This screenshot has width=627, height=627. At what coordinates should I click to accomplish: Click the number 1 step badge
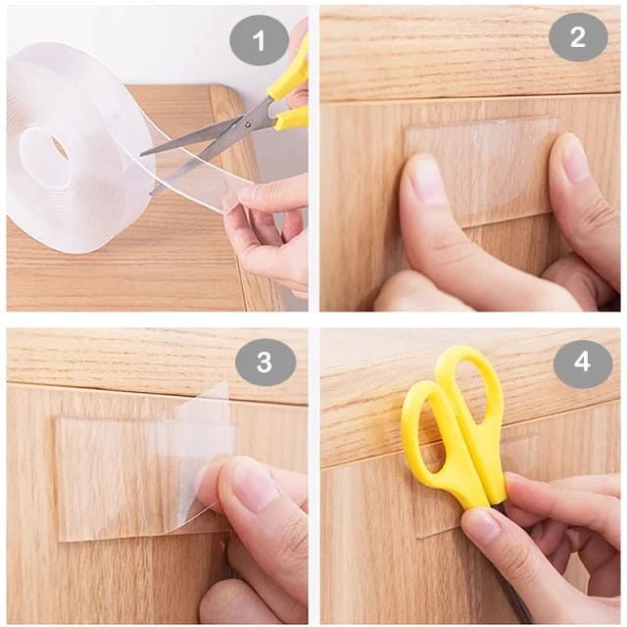click(x=259, y=41)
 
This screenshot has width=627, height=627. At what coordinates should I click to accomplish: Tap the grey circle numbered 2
click(x=577, y=37)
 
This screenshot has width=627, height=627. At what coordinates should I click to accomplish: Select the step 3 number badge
click(x=265, y=362)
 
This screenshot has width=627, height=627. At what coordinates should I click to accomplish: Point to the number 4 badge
click(x=582, y=363)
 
